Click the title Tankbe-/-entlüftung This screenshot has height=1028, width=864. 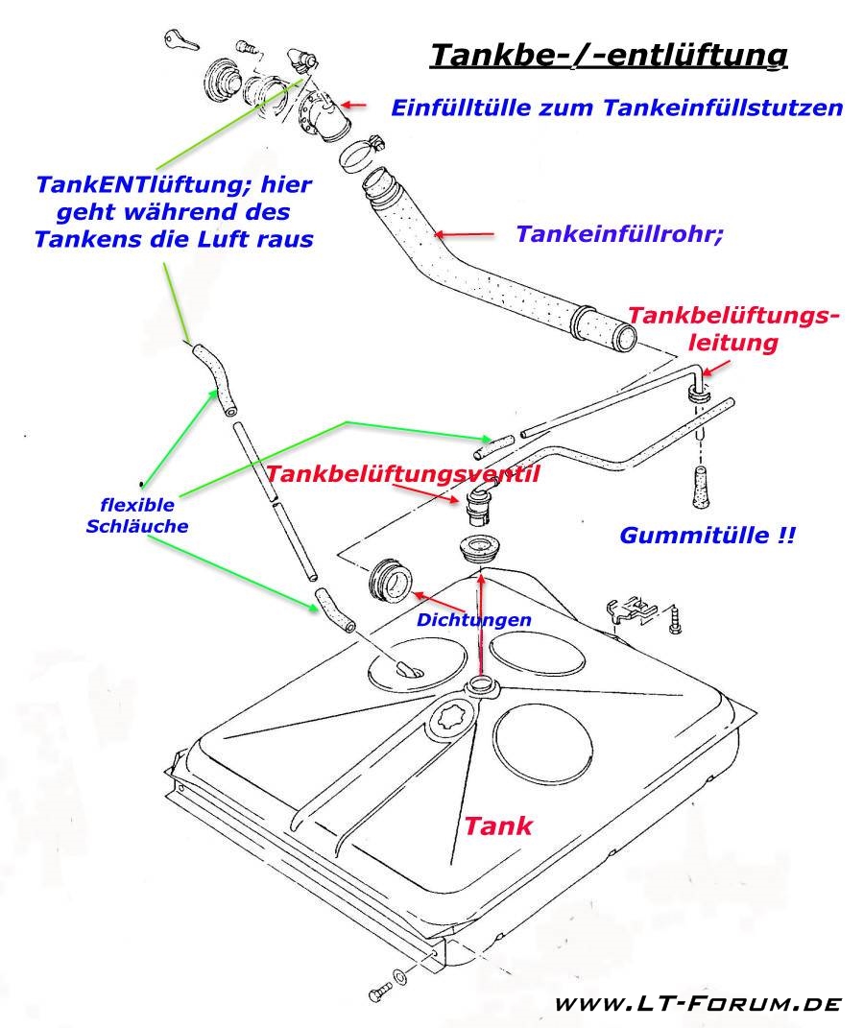coord(609,56)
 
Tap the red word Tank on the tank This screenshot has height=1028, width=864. coord(498,825)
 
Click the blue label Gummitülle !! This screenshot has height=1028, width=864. coord(708,537)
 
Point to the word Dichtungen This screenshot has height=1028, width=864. coord(473,620)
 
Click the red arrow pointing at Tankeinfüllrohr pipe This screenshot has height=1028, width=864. coord(466,233)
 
